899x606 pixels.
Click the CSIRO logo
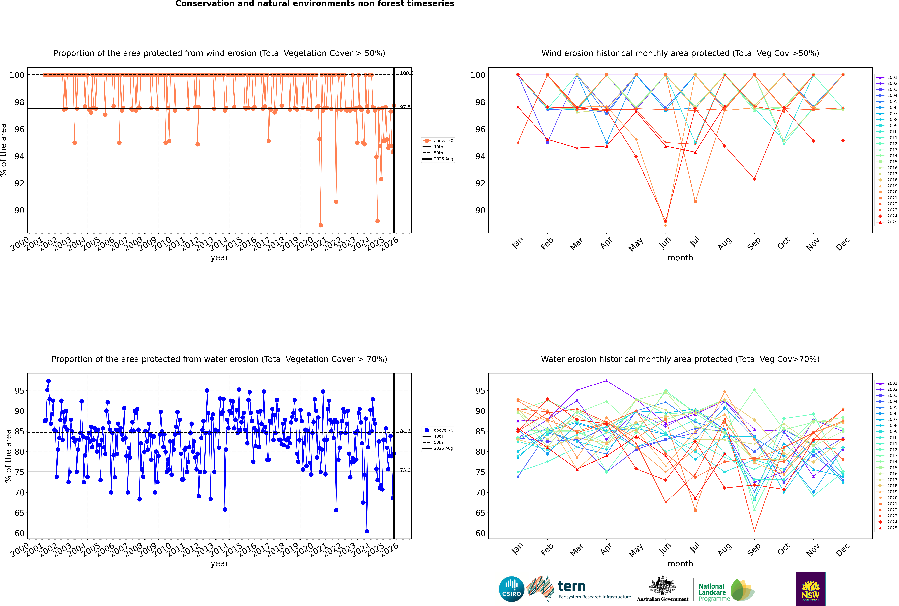coord(511,589)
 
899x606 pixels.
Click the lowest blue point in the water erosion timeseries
coord(367,531)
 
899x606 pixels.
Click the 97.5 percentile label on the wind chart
coord(405,107)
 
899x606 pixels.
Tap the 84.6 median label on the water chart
coord(405,431)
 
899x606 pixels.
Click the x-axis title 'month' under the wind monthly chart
coord(680,258)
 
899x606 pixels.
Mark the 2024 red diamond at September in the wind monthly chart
coord(754,179)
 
